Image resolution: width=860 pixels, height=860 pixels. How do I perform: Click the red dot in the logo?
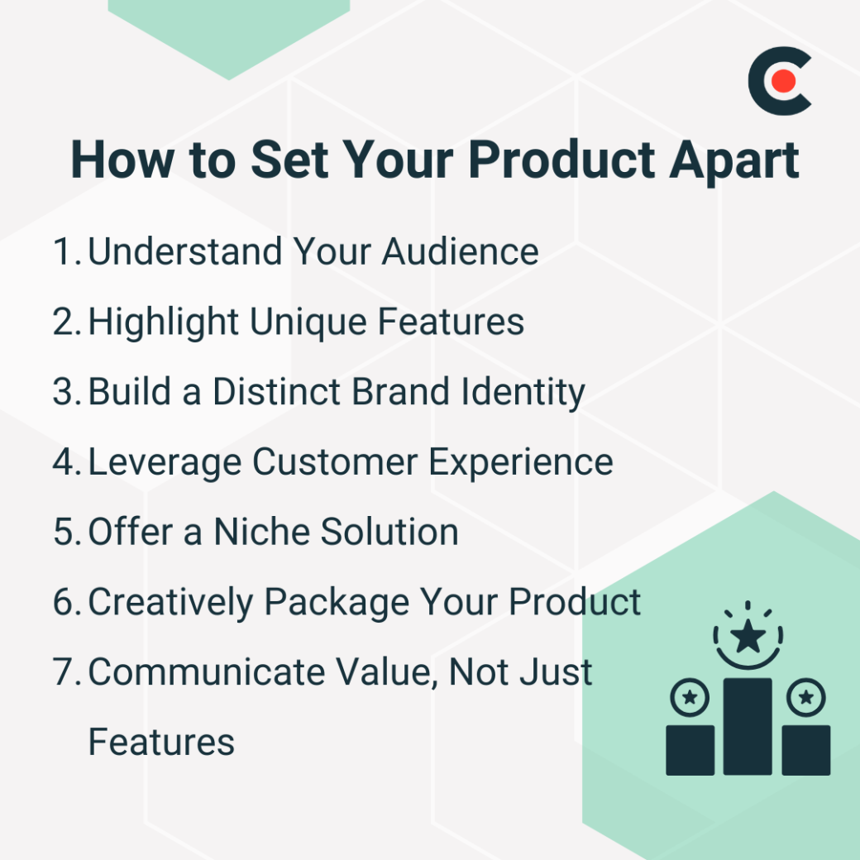[x=784, y=81]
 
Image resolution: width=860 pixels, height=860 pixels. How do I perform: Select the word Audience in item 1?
[x=460, y=251]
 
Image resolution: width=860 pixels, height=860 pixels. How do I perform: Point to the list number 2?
[x=65, y=322]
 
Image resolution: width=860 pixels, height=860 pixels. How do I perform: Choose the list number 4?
[x=65, y=462]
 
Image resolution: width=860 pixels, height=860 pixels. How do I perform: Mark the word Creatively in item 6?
[x=170, y=602]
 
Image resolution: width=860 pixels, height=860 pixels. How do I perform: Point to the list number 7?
[x=65, y=672]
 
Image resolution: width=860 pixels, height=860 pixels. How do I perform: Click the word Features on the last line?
[x=161, y=742]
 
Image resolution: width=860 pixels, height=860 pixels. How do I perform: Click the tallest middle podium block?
[x=748, y=726]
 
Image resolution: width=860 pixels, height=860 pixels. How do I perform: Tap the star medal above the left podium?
[x=689, y=700]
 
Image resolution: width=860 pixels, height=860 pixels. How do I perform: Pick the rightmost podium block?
[x=805, y=750]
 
